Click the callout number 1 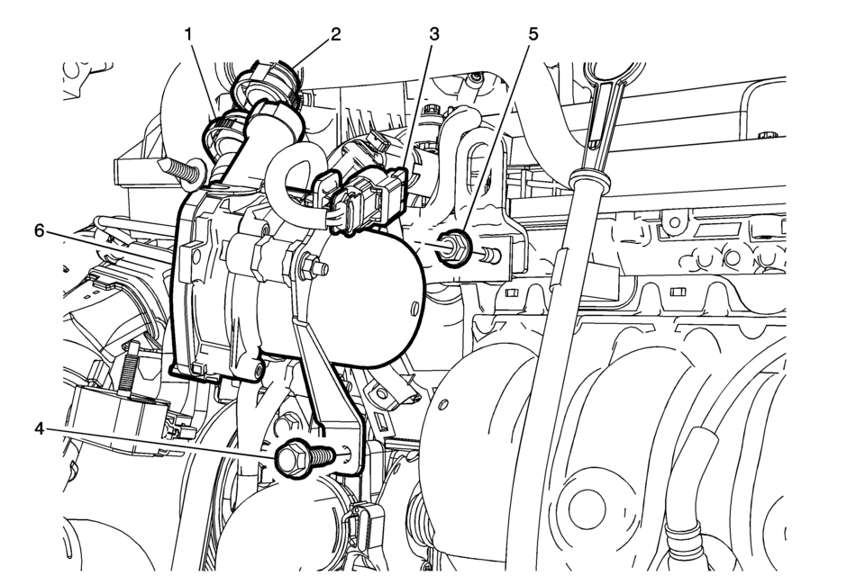pos(189,35)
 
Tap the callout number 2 pos(335,35)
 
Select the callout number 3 pos(434,35)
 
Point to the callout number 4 pos(39,428)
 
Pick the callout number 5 pos(533,35)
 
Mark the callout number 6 pos(39,230)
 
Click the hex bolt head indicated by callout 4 pos(289,458)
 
